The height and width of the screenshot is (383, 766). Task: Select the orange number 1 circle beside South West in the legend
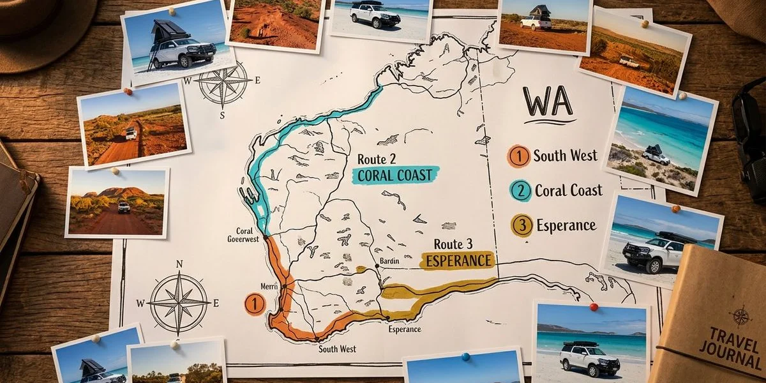(x=519, y=156)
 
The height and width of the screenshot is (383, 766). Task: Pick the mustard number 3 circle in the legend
(x=522, y=225)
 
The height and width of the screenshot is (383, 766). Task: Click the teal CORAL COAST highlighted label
(x=396, y=175)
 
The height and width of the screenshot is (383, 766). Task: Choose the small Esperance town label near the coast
(x=404, y=329)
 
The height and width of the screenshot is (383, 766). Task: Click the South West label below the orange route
(x=338, y=349)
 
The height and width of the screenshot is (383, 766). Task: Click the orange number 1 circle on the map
(x=254, y=303)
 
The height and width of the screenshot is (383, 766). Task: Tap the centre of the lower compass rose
(x=179, y=302)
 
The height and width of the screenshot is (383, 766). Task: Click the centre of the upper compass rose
(x=223, y=82)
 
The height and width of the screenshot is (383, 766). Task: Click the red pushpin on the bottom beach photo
(x=594, y=307)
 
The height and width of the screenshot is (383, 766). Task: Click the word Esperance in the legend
(x=566, y=225)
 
